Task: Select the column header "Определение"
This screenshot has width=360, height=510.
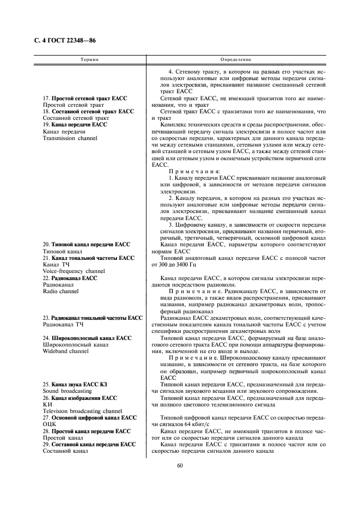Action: [235, 59]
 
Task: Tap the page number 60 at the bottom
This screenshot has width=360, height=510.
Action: [180, 465]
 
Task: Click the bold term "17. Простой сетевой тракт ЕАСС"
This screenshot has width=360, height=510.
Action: [85, 98]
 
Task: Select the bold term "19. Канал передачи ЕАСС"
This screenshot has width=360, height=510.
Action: [75, 125]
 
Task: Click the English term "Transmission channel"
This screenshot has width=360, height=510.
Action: [70, 138]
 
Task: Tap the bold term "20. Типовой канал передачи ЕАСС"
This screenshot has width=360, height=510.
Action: [87, 245]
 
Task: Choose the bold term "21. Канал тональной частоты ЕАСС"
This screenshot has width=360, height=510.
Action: [88, 258]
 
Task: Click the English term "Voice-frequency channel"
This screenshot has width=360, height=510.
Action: [74, 271]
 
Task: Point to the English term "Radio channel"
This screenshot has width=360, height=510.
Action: [60, 291]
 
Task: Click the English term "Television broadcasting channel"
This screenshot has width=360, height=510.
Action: [82, 411]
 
